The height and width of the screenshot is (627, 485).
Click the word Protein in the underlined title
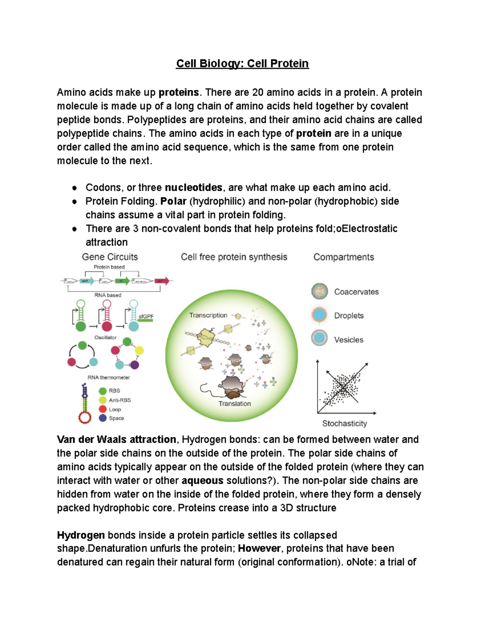point(289,64)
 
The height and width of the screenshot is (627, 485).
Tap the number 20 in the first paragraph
point(257,92)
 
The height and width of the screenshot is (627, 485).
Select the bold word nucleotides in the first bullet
point(194,188)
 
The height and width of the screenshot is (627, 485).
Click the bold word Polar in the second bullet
point(173,201)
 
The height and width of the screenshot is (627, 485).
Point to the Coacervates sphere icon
point(320,291)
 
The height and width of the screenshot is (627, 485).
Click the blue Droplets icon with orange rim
point(319,315)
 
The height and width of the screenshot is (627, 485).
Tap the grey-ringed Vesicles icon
point(319,338)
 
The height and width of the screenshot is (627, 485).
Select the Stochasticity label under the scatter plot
point(344,424)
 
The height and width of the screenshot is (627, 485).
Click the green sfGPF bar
point(146,321)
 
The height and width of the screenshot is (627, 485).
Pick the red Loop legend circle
point(103,409)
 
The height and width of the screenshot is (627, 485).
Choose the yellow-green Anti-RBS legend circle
point(103,400)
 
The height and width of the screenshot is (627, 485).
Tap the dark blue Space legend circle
point(103,418)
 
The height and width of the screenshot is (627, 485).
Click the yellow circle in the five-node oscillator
point(139,350)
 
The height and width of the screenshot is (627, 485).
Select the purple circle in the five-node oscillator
point(135,365)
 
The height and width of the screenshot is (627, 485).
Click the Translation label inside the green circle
point(234,404)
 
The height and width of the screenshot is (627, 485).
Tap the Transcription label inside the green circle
point(208,315)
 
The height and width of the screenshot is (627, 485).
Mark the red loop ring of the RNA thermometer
point(85,417)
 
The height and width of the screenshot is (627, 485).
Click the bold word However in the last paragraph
point(259,549)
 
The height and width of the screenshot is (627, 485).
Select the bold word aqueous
point(202,481)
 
